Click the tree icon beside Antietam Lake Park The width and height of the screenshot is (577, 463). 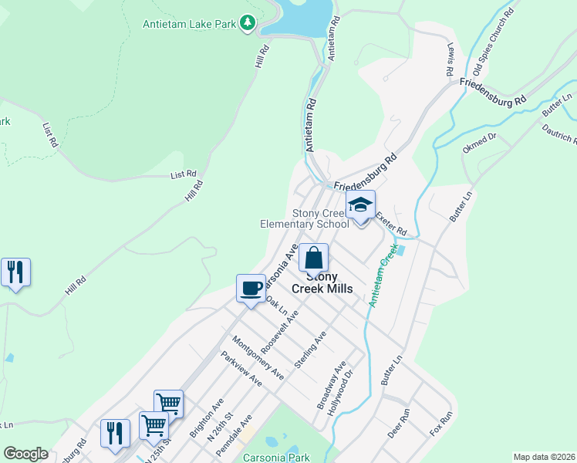[248, 24]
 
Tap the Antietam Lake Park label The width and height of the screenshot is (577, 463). [189, 24]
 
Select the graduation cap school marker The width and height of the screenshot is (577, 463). [360, 206]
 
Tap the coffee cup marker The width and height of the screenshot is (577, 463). [251, 289]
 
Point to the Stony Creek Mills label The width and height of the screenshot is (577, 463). [322, 282]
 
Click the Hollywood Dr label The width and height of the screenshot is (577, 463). [343, 392]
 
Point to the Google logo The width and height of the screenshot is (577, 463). [25, 454]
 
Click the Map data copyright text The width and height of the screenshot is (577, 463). [544, 457]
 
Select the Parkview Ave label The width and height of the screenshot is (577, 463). [242, 370]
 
